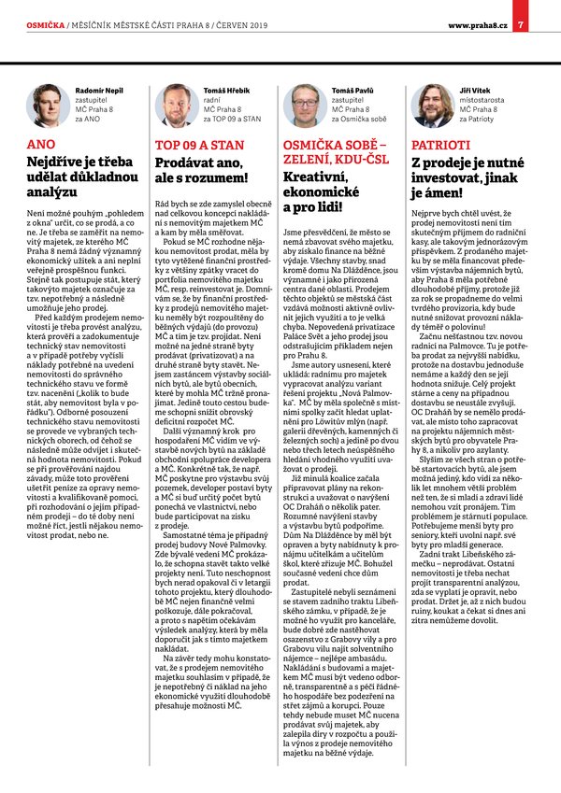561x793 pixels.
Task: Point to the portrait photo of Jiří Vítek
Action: pos(431,105)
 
